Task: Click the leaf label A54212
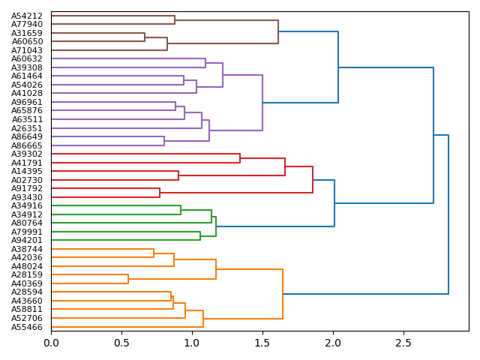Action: [27, 16]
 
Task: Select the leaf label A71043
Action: [27, 50]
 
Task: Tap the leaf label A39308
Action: [27, 67]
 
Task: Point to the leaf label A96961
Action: [27, 102]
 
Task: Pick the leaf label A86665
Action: [27, 145]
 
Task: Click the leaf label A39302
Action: [27, 154]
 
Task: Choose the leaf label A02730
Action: [27, 180]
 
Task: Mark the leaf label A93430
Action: [27, 197]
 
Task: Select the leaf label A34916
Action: [27, 205]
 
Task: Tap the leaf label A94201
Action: [27, 240]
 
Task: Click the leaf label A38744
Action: [27, 249]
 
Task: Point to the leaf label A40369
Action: [27, 283]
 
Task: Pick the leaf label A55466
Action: [27, 327]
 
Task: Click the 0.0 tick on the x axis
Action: [51, 343]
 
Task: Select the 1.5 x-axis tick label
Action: [262, 343]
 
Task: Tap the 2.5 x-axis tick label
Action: [403, 343]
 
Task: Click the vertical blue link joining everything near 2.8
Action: [448, 214]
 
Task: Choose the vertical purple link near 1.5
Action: [262, 103]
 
